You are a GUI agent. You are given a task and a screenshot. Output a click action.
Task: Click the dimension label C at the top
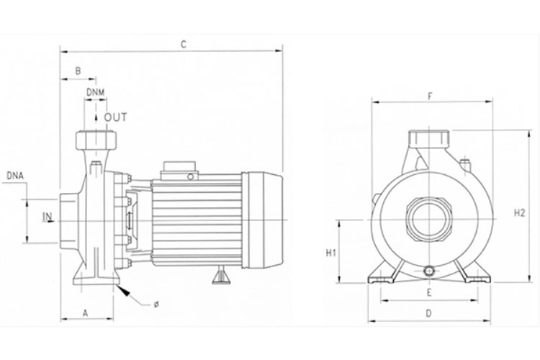[x=184, y=45]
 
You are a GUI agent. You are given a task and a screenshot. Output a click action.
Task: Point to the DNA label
[x=16, y=175]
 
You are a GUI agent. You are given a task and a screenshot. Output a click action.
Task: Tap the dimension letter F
[x=429, y=96]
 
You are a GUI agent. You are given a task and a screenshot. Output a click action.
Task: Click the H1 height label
[x=331, y=253]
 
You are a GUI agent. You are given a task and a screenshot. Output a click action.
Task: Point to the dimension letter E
[x=428, y=293]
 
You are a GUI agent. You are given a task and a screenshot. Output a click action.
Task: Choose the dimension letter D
[x=428, y=313]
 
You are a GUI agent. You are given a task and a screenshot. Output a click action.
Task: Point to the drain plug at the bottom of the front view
[x=429, y=271]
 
